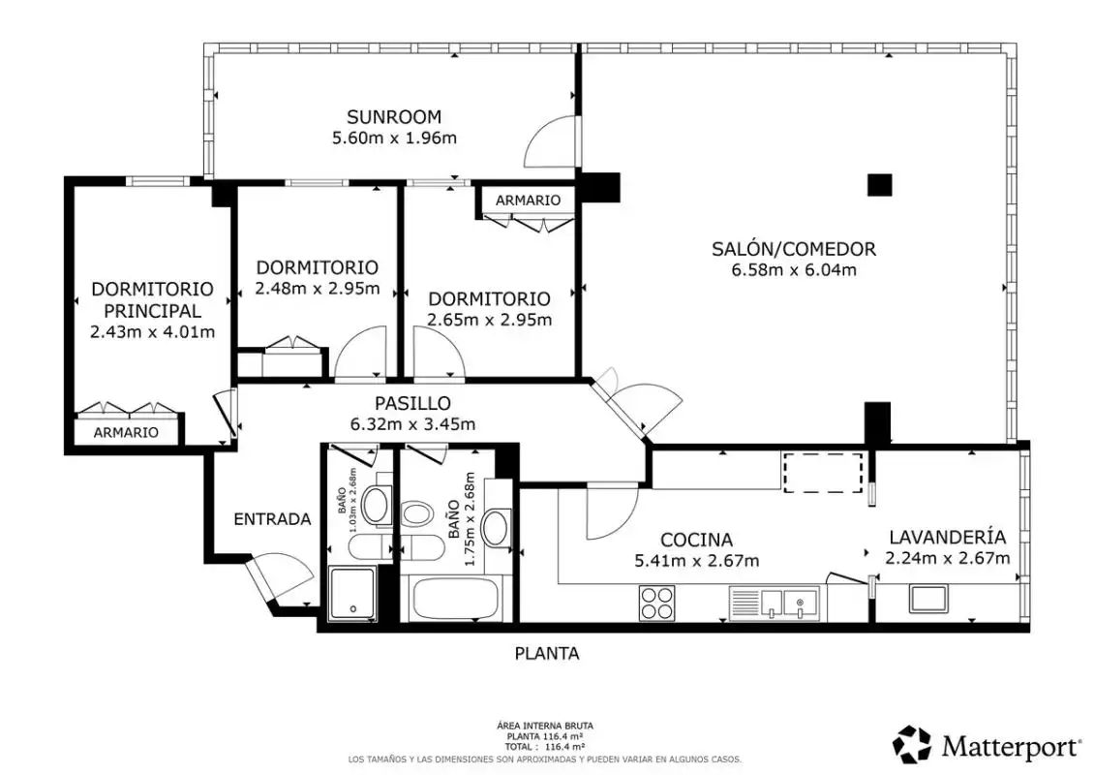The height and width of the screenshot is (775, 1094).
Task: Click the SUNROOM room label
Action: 394,116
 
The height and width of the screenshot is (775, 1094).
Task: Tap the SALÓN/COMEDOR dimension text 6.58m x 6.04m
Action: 793,270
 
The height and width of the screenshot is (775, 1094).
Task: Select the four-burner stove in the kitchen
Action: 657,604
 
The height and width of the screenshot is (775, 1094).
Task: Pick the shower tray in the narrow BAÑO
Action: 352,594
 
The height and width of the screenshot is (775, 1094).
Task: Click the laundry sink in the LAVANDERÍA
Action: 928,599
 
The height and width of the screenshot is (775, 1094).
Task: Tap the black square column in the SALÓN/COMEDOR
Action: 879,184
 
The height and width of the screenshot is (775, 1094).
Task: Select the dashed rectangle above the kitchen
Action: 823,473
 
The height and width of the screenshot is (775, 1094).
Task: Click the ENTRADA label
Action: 272,519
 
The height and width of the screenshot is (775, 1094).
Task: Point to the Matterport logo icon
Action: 912,745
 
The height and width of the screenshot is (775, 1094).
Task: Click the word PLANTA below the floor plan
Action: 547,654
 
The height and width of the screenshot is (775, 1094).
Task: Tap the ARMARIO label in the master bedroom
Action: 126,432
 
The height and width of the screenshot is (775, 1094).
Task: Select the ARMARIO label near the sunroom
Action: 529,201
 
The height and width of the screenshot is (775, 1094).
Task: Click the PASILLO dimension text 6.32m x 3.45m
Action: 413,423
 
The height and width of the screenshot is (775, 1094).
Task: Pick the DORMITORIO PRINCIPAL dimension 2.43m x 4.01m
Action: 152,332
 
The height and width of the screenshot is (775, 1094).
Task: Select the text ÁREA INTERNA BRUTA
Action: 545,727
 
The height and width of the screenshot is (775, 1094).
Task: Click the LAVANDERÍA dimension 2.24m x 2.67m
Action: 948,558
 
